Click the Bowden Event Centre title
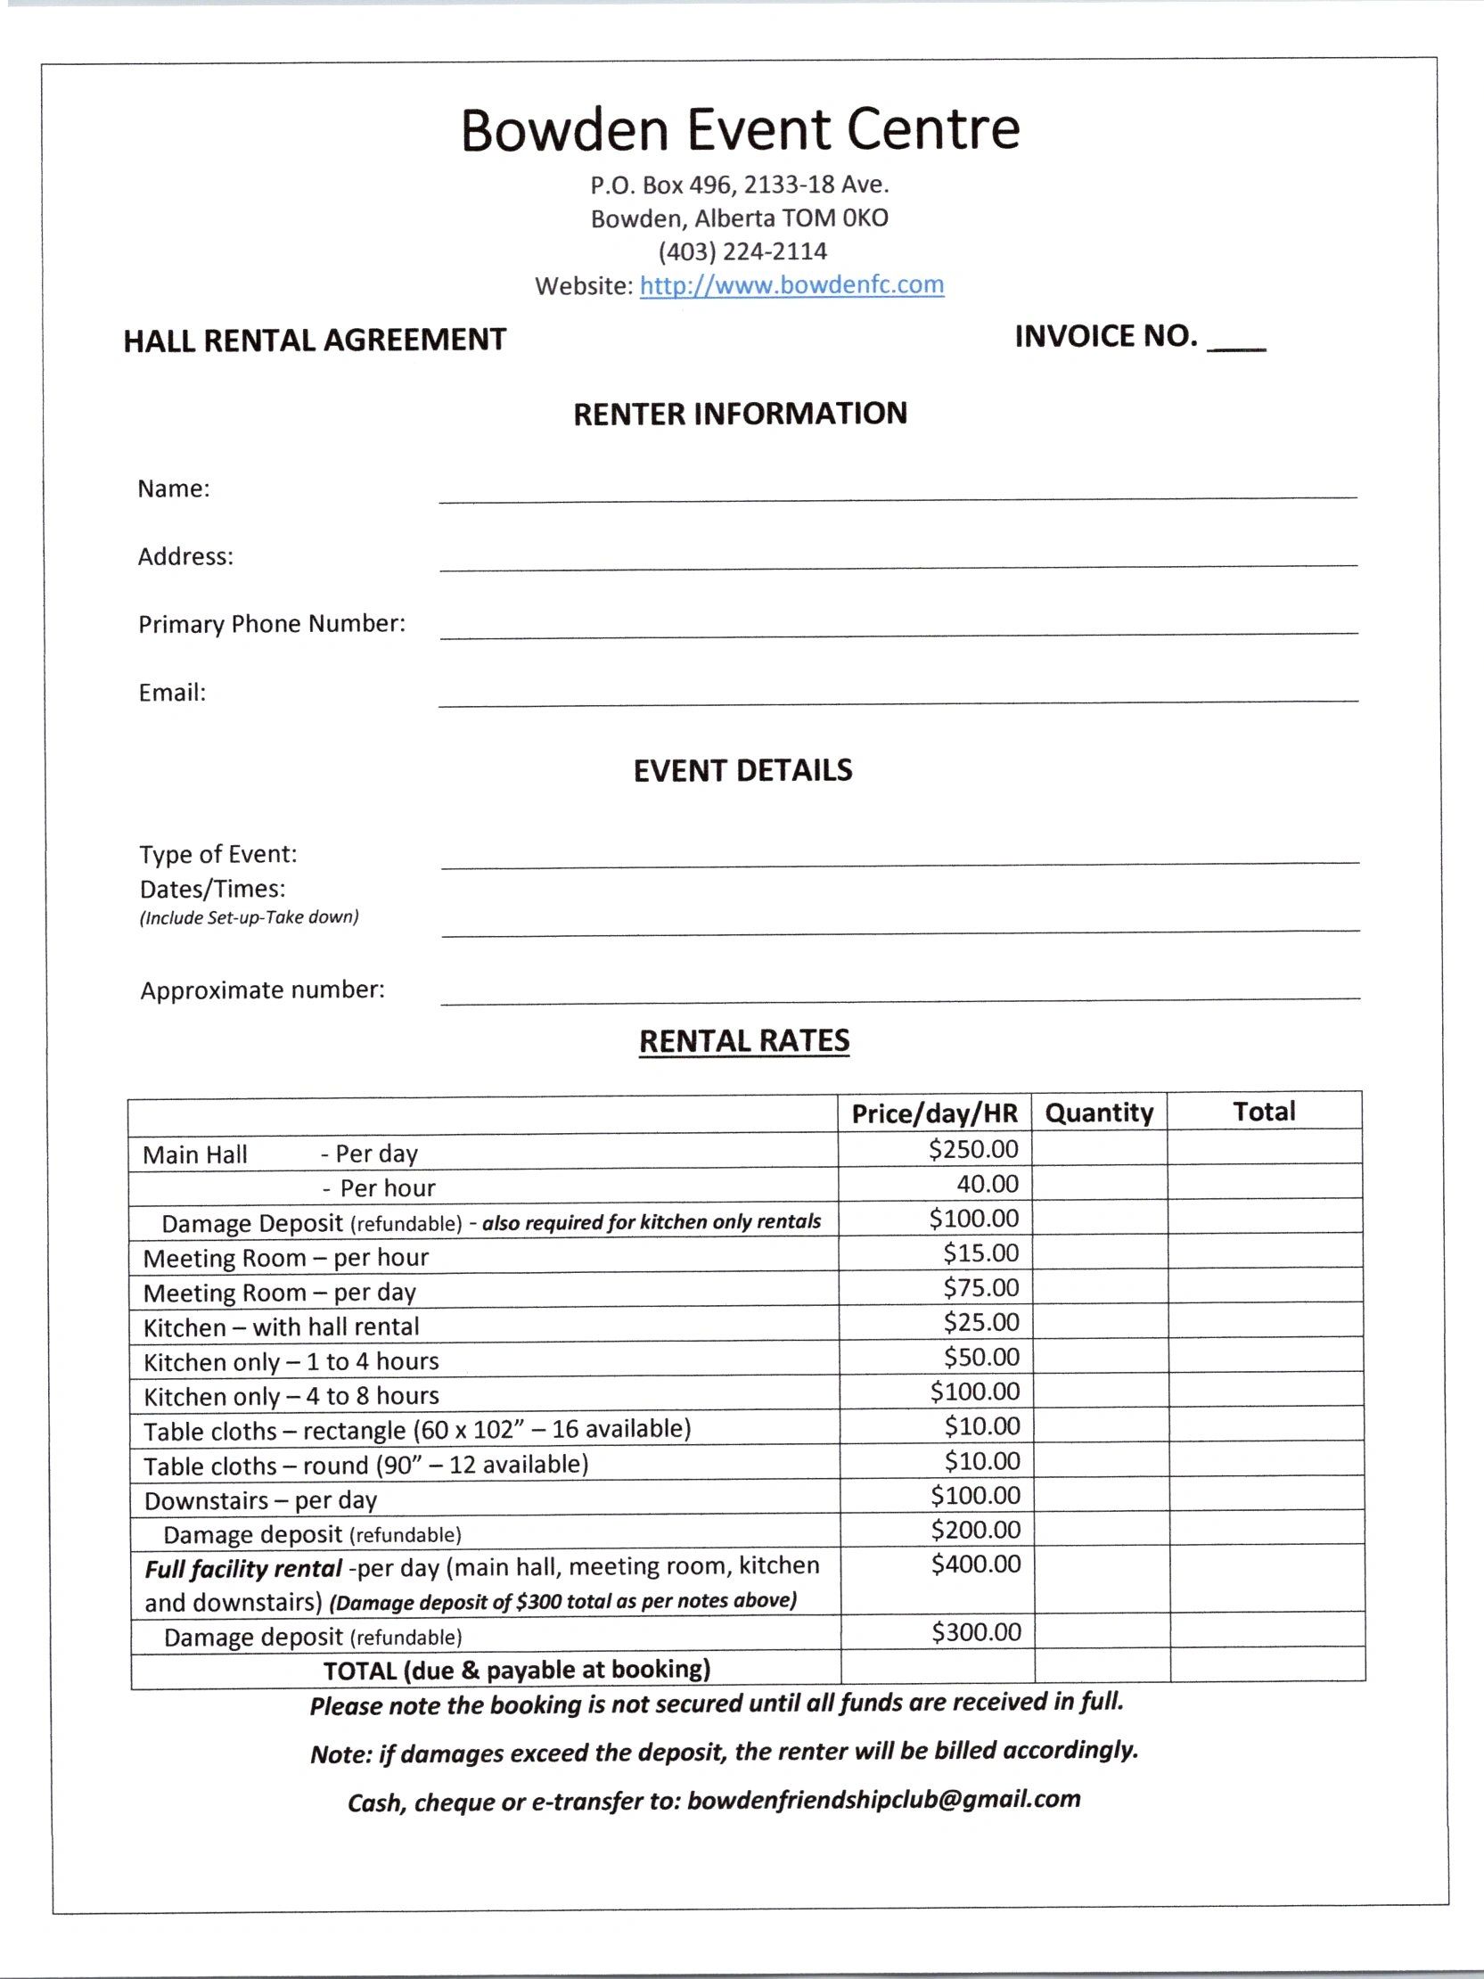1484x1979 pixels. coord(740,130)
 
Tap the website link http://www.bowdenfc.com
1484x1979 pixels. coord(791,285)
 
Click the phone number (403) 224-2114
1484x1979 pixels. coord(742,251)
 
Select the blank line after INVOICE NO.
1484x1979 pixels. coord(1236,344)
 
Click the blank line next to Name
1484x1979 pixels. coord(898,495)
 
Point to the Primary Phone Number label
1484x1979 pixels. coord(272,624)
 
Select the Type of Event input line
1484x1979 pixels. coord(899,860)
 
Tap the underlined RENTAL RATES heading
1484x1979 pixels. coord(743,1040)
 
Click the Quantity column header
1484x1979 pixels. coord(1098,1112)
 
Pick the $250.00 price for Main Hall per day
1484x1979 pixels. coord(973,1149)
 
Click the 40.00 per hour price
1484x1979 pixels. coord(988,1184)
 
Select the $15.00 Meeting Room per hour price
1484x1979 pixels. coord(980,1252)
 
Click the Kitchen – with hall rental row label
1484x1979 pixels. coord(281,1326)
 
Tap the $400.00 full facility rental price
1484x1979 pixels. coord(975,1564)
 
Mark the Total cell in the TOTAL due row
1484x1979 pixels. coord(1267,1669)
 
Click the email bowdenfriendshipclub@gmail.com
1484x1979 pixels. coord(884,1799)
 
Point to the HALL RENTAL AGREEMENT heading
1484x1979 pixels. coord(315,341)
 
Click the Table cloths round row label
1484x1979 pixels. coord(365,1466)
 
